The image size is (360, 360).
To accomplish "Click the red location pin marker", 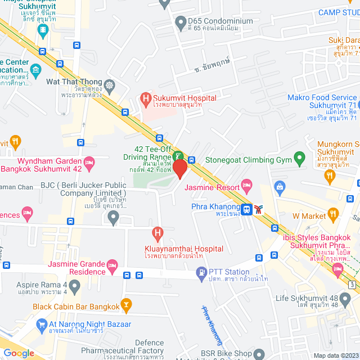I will click(180, 169).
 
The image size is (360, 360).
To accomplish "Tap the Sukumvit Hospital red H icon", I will click(146, 98).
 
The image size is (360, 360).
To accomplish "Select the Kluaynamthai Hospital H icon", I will click(158, 232).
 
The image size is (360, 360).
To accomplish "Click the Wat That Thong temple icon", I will click(109, 85).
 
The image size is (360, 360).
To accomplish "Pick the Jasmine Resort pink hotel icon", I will click(246, 185).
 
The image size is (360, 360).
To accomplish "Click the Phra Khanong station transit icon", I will click(246, 210).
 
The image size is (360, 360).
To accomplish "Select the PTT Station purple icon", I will click(201, 273).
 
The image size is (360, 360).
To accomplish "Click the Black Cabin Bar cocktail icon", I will click(127, 307).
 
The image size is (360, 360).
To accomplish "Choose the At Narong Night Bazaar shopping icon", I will click(41, 325).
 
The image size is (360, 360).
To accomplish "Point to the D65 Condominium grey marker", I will click(181, 23).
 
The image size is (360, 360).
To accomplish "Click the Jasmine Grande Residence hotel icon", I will click(112, 264).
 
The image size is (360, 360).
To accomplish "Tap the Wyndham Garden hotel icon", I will click(89, 163).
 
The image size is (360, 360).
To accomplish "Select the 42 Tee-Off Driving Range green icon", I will click(178, 156).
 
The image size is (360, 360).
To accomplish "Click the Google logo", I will click(19, 353).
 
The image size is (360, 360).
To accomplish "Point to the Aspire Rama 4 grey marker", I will click(75, 286).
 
